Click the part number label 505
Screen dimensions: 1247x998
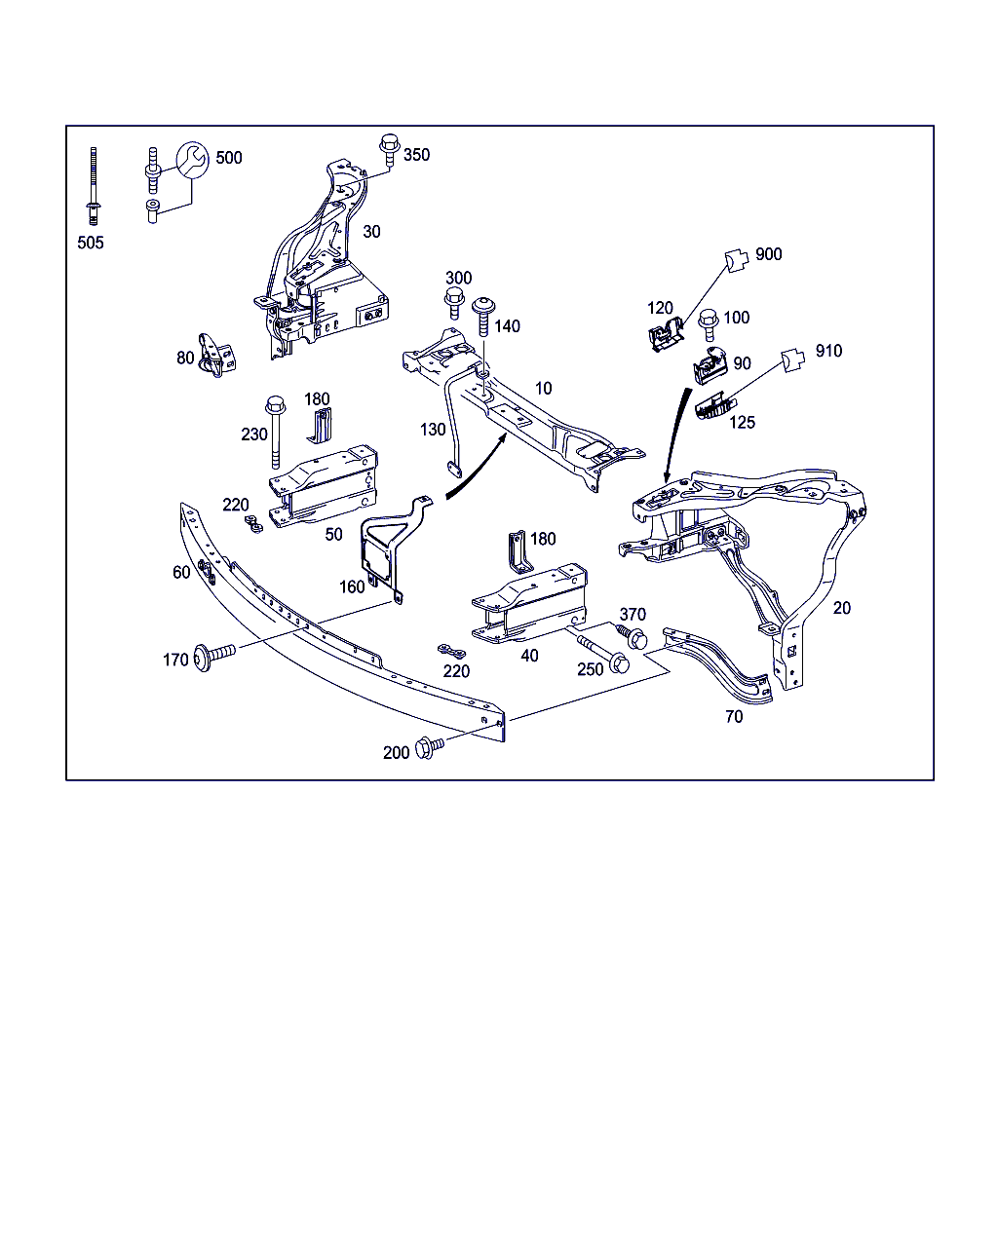(x=91, y=243)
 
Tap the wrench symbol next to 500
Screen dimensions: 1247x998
(x=192, y=160)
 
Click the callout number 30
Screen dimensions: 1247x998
(x=371, y=232)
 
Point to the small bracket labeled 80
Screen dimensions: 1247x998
(x=216, y=355)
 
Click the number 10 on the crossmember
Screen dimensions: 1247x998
(x=543, y=388)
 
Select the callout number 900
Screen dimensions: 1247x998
(x=768, y=254)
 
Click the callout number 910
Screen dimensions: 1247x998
(x=828, y=351)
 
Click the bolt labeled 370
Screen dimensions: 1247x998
(x=635, y=638)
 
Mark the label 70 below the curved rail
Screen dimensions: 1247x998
(x=734, y=716)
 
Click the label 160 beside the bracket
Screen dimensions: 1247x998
(x=352, y=586)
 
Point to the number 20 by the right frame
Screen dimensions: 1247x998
(x=842, y=608)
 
